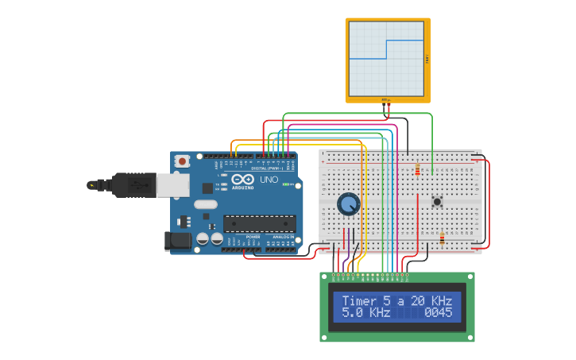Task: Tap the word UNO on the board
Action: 269,180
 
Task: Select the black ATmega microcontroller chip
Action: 259,223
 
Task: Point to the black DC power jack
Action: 178,240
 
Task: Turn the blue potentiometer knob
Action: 348,204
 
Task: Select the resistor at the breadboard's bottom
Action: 443,238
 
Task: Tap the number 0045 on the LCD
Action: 438,313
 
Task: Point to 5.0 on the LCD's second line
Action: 351,313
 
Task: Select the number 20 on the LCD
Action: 418,301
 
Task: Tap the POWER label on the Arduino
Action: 253,237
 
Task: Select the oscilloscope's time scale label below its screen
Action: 386,99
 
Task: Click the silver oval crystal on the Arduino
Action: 205,204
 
